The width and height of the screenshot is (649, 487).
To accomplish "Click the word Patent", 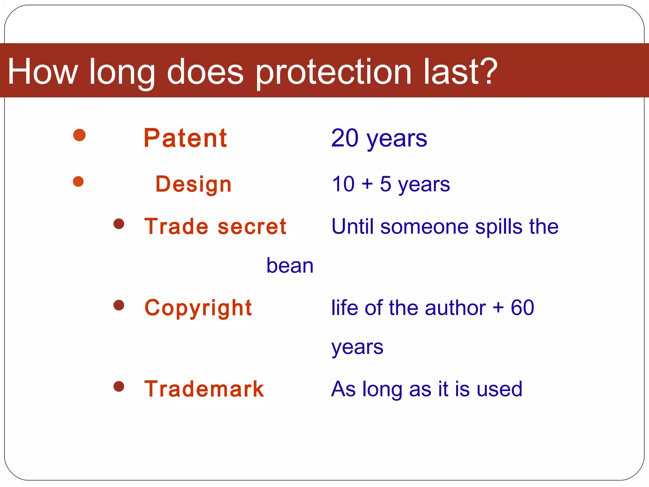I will [x=185, y=138].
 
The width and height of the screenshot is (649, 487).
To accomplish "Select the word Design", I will [x=193, y=184].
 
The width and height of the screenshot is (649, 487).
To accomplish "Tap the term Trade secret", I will [x=215, y=226].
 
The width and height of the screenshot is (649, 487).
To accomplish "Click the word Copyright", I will [x=198, y=308].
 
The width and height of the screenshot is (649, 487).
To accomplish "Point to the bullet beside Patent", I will [x=79, y=135].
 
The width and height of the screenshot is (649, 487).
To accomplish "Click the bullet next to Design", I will [x=78, y=182].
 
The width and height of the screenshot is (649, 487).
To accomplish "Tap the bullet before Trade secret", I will [x=119, y=224].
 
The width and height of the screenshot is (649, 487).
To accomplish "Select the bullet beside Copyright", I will [x=119, y=305].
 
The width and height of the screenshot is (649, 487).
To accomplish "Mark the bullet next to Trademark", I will [x=119, y=386].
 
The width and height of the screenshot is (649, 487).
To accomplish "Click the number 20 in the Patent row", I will [x=345, y=138].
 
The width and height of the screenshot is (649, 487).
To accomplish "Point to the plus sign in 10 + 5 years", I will [x=367, y=184].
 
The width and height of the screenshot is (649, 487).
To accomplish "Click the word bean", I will [x=290, y=265].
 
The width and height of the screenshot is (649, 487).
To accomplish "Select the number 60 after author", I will [x=522, y=308].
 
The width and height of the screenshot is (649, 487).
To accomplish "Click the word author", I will [x=455, y=308].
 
